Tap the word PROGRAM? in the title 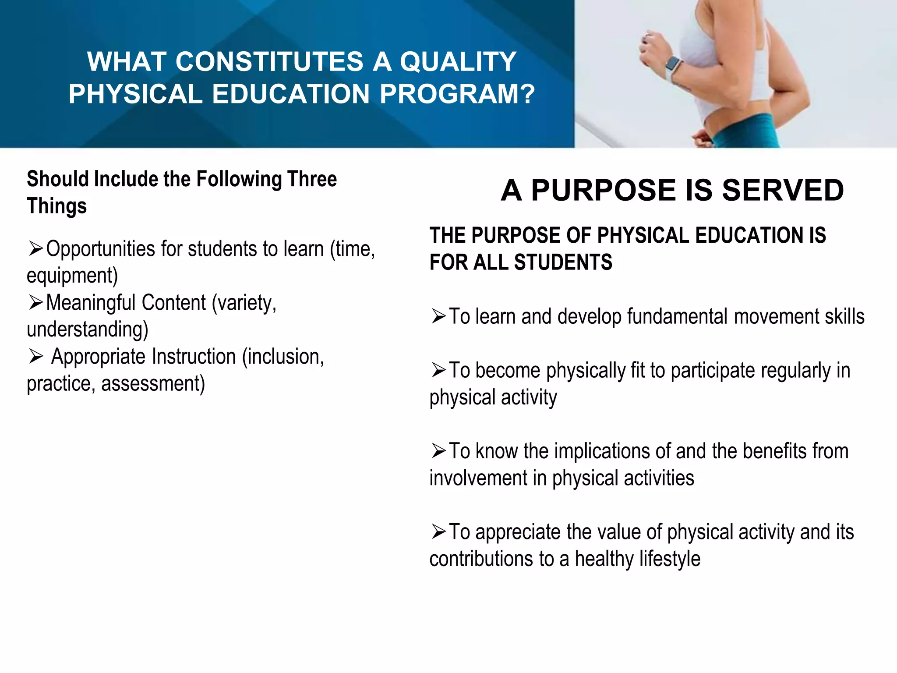(457, 94)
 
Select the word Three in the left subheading (311, 179)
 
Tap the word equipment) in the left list (72, 276)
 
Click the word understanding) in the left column (88, 329)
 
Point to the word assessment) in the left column (153, 383)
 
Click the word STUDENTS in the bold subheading (563, 262)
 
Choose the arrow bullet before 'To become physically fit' (438, 370)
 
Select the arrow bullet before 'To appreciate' (438, 531)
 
